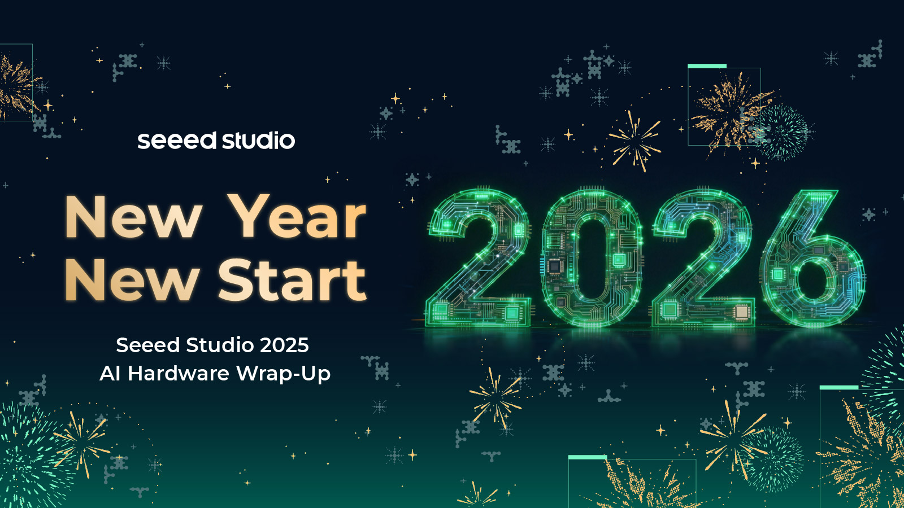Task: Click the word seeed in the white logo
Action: pos(177,141)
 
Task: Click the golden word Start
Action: pos(292,280)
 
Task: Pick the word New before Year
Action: pos(133,217)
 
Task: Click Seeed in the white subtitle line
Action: pos(147,345)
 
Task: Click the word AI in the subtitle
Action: pos(110,373)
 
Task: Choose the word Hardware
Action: pos(179,373)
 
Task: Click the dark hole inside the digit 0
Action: pos(592,258)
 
